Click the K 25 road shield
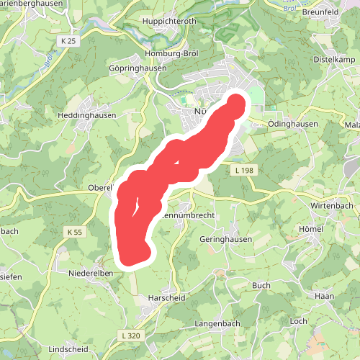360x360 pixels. pyautogui.click(x=68, y=42)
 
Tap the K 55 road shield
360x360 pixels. pyautogui.click(x=76, y=232)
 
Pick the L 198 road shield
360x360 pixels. pyautogui.click(x=243, y=170)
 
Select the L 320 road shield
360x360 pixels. pyautogui.click(x=130, y=336)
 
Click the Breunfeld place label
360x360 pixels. pyautogui.click(x=320, y=11)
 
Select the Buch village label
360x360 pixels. pyautogui.click(x=261, y=286)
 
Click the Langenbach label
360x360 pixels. pyautogui.click(x=216, y=324)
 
